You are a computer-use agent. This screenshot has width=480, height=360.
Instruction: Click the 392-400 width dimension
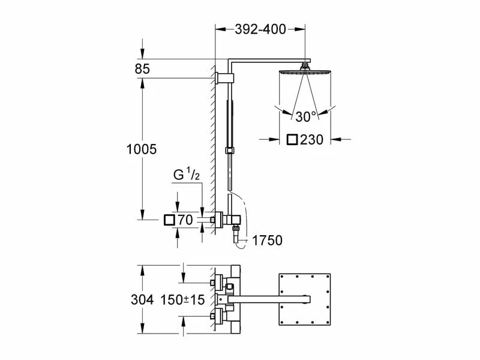click(x=260, y=29)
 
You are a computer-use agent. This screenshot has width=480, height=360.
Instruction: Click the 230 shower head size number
click(x=312, y=140)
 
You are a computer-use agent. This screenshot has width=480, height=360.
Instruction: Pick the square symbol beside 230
click(x=292, y=140)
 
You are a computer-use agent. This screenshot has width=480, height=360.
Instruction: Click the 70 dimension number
click(x=185, y=221)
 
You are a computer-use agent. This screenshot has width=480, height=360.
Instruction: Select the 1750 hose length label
click(x=267, y=241)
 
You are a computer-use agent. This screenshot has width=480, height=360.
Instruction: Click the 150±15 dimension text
click(x=183, y=299)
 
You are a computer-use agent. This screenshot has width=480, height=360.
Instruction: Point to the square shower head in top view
click(x=305, y=298)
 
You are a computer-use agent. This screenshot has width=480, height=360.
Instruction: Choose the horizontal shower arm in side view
click(x=270, y=61)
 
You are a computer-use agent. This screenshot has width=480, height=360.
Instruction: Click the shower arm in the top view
click(x=270, y=298)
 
